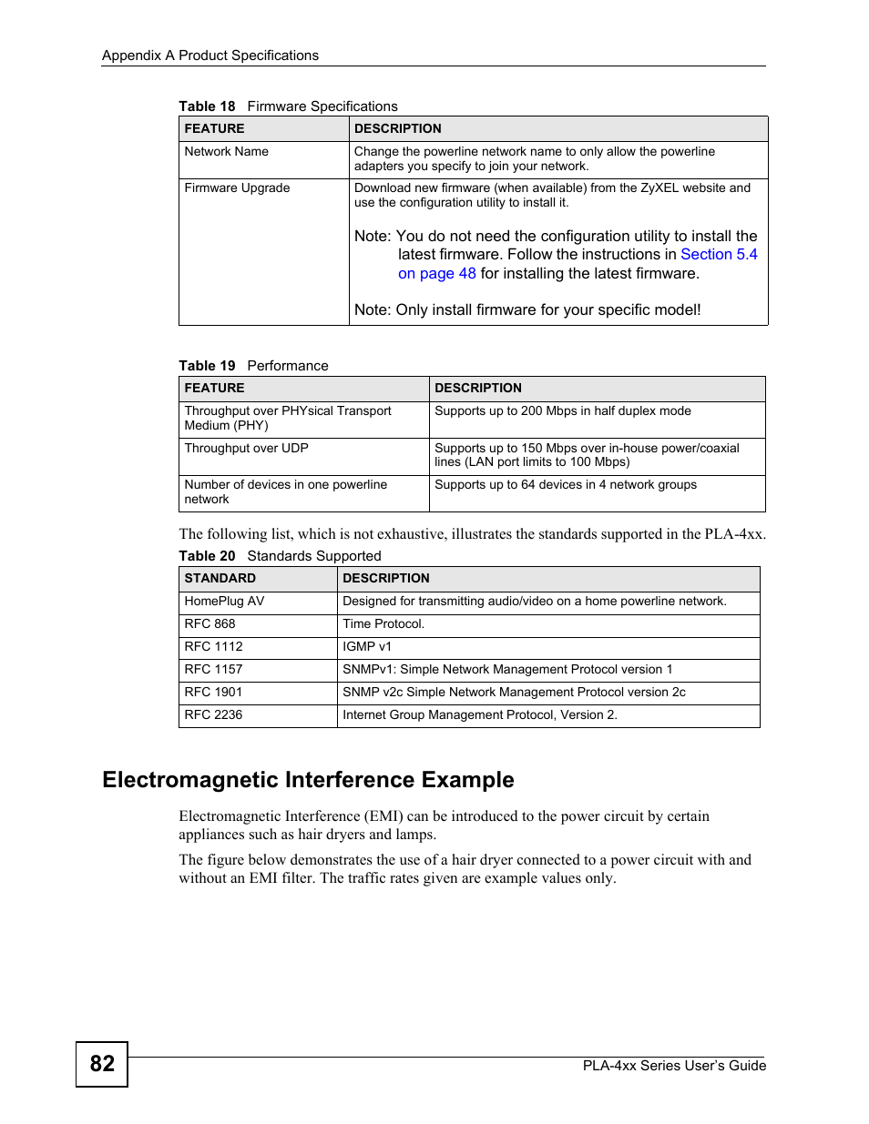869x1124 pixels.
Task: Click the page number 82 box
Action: point(102,1064)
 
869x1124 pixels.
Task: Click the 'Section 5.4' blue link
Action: point(719,255)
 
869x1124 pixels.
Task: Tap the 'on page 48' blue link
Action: point(436,274)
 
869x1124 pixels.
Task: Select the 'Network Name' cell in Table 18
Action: point(227,152)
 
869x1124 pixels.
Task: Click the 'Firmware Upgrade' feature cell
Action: point(237,188)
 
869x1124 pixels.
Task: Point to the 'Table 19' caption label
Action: point(207,366)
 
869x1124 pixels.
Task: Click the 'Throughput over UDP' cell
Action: point(247,449)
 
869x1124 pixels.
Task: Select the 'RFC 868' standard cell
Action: point(210,624)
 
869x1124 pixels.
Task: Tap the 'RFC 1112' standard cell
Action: point(214,647)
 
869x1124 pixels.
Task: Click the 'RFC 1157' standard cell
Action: point(214,670)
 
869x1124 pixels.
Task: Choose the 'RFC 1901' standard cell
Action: point(214,693)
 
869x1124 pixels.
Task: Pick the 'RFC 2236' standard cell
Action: point(214,715)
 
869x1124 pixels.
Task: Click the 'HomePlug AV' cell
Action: point(225,602)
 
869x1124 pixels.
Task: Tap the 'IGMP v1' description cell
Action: point(367,647)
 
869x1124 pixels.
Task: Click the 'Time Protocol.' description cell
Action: point(383,624)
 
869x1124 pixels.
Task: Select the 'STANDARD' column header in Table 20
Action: point(220,579)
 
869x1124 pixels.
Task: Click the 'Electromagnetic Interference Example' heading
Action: point(308,780)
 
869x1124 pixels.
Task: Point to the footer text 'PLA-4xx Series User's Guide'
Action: point(674,1066)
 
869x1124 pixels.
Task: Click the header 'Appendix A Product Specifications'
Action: point(210,56)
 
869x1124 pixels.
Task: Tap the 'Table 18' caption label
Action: point(207,106)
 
